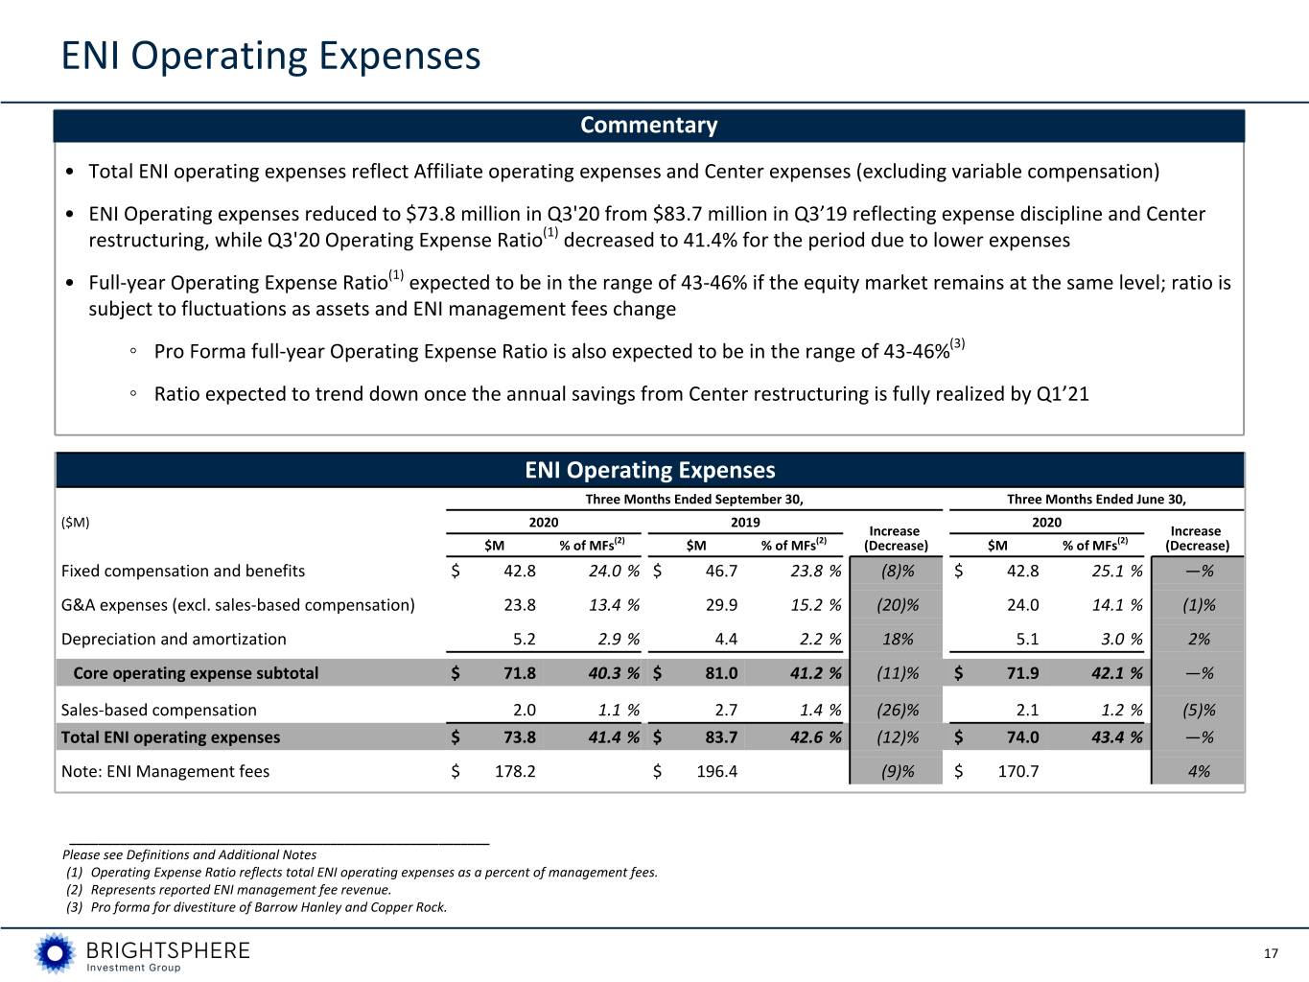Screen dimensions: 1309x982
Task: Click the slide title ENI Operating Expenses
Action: point(270,57)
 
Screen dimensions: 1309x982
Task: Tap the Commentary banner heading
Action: point(649,126)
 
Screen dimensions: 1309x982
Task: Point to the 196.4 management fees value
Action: point(716,772)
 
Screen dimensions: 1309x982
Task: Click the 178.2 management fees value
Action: point(515,772)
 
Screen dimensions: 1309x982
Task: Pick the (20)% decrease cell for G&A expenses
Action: point(898,605)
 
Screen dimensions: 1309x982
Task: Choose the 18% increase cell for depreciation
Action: point(898,640)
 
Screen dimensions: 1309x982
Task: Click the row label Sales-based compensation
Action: point(158,710)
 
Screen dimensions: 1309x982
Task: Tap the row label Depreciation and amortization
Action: point(174,640)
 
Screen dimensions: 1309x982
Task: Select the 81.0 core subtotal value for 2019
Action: point(721,673)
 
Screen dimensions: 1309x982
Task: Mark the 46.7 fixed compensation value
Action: point(721,572)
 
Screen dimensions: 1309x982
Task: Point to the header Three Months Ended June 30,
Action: point(1097,499)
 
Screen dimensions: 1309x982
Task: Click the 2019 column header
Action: point(745,523)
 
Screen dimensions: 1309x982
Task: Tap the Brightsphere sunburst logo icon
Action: point(55,953)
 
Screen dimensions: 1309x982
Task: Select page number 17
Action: point(1271,953)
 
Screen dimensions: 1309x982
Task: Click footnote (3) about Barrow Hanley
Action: point(256,907)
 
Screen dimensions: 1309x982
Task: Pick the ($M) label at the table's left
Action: point(75,523)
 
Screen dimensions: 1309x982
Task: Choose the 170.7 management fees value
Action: point(1018,772)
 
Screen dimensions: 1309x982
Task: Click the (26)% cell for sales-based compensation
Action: point(898,710)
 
